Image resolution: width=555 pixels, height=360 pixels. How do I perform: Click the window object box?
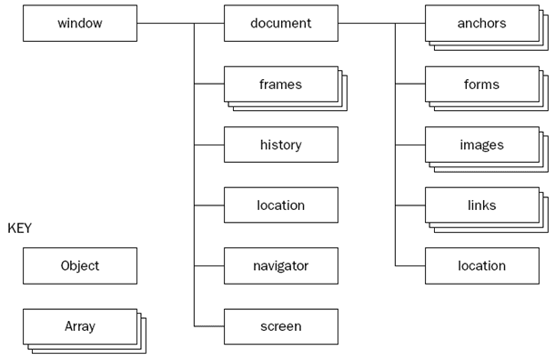pyautogui.click(x=79, y=23)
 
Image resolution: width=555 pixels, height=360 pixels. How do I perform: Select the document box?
pyautogui.click(x=280, y=23)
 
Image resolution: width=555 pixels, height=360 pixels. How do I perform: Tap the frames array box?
pyautogui.click(x=280, y=84)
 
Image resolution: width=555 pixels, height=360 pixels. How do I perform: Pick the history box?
pyautogui.click(x=280, y=145)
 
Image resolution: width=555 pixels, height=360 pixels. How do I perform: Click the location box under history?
pyautogui.click(x=280, y=205)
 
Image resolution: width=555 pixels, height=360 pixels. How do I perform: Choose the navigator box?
pyautogui.click(x=280, y=265)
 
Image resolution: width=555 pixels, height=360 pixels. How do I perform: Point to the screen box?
pyautogui.click(x=280, y=326)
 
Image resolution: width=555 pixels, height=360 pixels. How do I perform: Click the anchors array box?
pyautogui.click(x=481, y=23)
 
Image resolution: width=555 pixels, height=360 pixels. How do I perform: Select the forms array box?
pyautogui.click(x=481, y=84)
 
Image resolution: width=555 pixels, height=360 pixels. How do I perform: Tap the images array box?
pyautogui.click(x=481, y=145)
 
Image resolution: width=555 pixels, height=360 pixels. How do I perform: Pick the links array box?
pyautogui.click(x=481, y=205)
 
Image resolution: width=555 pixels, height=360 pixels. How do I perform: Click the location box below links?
pyautogui.click(x=481, y=265)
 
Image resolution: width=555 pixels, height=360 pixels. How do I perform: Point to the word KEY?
pyautogui.click(x=19, y=228)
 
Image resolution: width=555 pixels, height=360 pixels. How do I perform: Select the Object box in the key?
pyautogui.click(x=79, y=265)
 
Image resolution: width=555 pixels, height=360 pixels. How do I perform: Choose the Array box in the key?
pyautogui.click(x=79, y=326)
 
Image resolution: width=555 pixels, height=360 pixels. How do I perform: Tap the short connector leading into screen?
pyautogui.click(x=208, y=326)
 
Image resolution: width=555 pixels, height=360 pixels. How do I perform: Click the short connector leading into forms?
pyautogui.click(x=409, y=84)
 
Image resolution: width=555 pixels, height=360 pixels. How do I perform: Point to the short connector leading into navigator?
pyautogui.click(x=208, y=265)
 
